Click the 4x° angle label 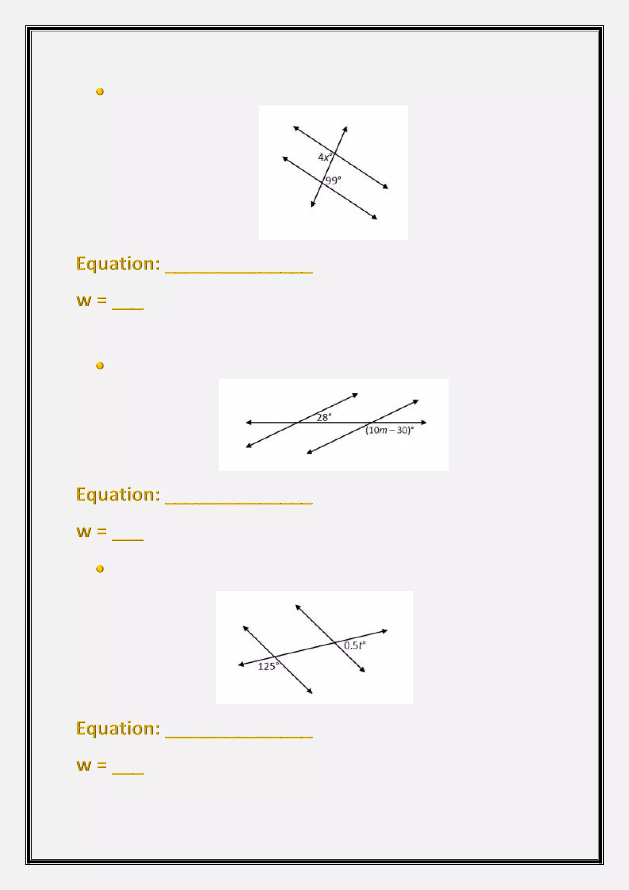(x=325, y=157)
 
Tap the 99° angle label (x=333, y=180)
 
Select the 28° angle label (x=324, y=417)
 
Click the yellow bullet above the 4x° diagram (x=100, y=92)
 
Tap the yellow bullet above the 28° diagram (x=100, y=366)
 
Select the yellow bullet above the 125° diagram (x=100, y=569)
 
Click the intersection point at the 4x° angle (x=334, y=154)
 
